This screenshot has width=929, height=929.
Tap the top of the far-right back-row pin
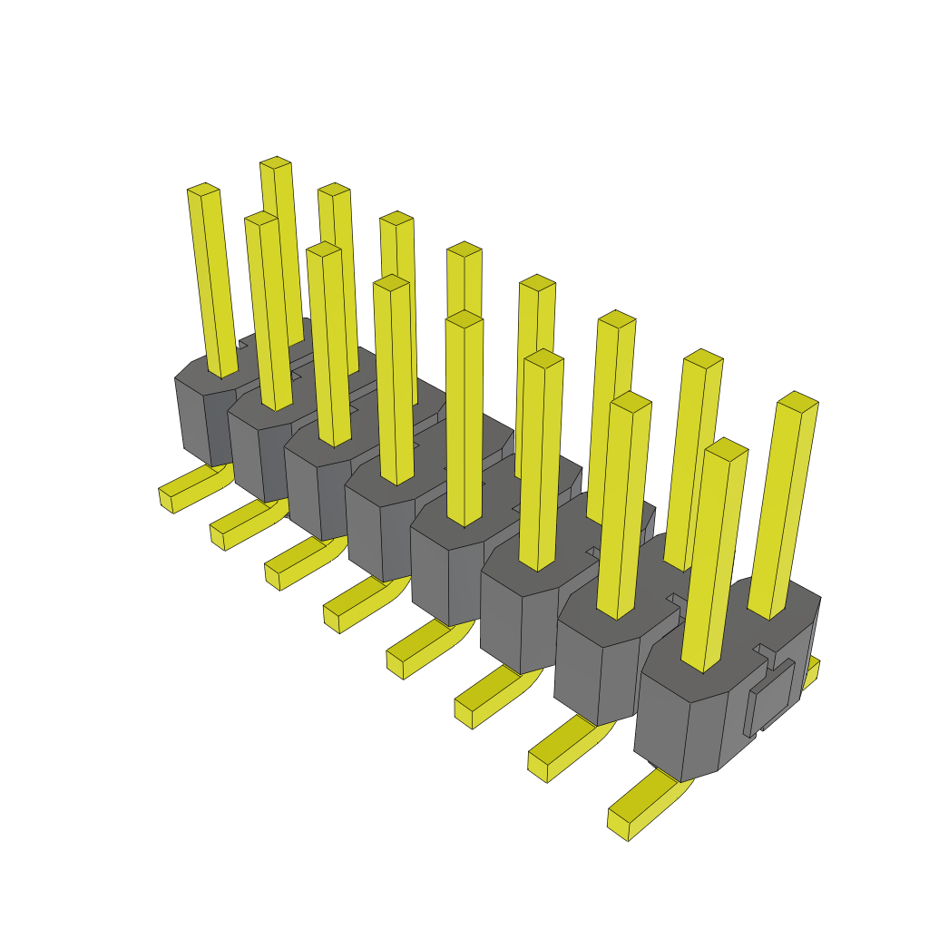pyautogui.click(x=798, y=401)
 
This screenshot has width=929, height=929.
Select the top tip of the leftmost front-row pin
pyautogui.click(x=203, y=190)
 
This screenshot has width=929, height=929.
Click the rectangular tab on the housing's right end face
pyautogui.click(x=769, y=698)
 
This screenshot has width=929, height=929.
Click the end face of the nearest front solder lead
pyautogui.click(x=619, y=825)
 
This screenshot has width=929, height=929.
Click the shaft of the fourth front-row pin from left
pyautogui.click(x=394, y=381)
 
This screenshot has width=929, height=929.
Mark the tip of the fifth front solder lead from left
pyautogui.click(x=396, y=665)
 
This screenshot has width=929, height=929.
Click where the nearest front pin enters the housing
pyautogui.click(x=704, y=668)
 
